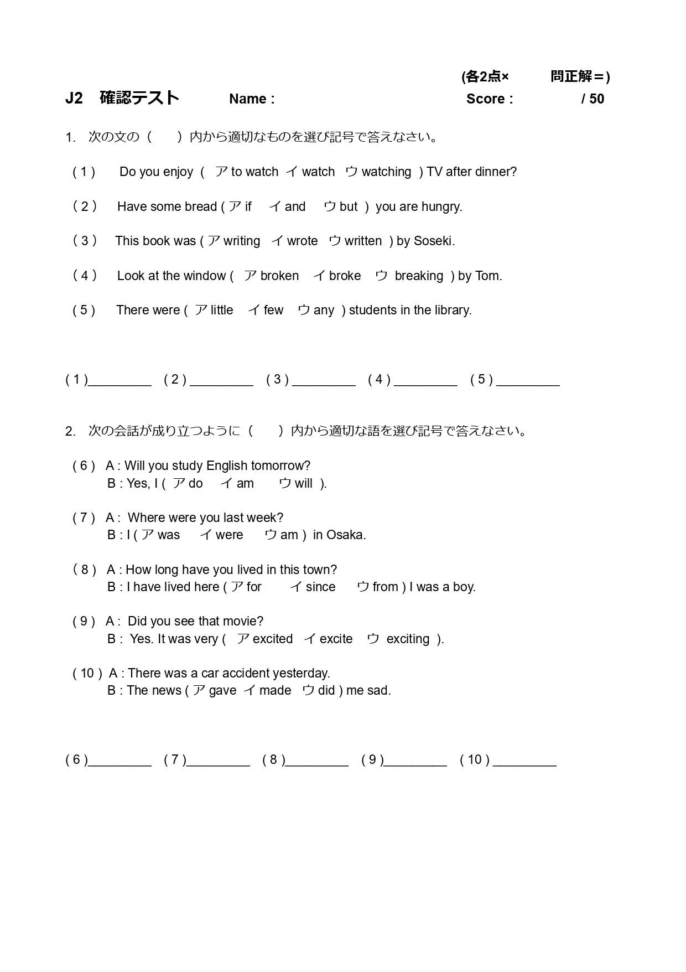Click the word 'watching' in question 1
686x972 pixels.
386,172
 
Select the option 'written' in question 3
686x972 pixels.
363,241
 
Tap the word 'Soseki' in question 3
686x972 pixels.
433,241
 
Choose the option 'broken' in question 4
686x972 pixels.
279,276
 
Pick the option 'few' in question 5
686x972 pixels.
273,311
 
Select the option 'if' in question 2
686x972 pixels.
248,207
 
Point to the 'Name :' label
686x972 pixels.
252,99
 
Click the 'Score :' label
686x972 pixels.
490,99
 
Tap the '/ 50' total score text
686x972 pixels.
593,99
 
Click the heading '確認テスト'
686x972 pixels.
139,98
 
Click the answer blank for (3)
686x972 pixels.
324,381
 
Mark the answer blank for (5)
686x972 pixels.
528,381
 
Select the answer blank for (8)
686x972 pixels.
317,761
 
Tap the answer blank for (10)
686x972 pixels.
524,761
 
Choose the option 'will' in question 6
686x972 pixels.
303,484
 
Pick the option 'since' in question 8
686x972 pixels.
320,587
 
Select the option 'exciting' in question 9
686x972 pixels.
408,639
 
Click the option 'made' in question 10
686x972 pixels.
275,691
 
